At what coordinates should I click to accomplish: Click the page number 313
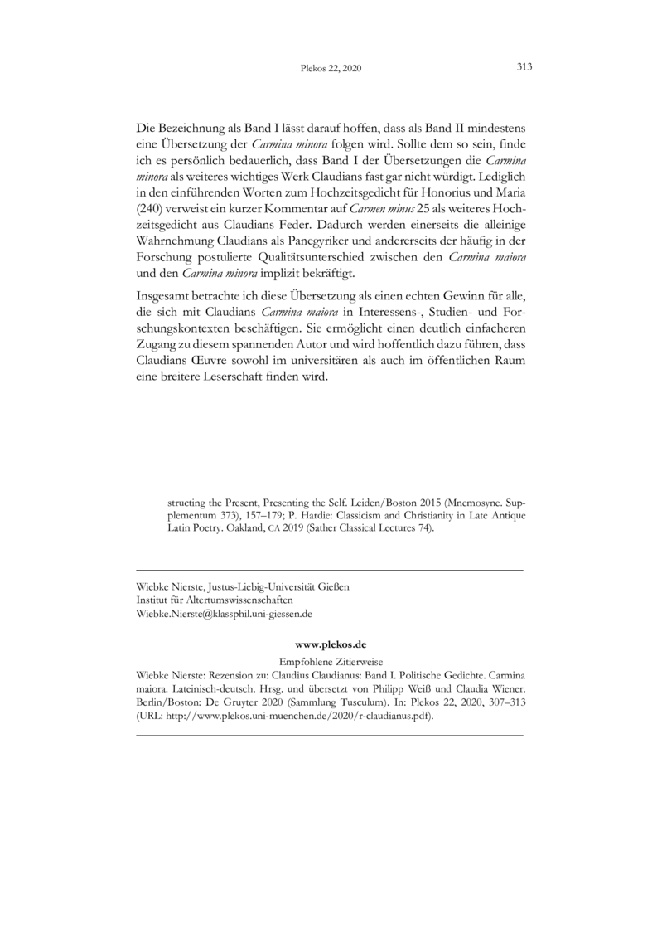coord(524,68)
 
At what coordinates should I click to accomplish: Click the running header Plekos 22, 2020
coord(331,70)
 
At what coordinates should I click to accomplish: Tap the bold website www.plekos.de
coord(331,644)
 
